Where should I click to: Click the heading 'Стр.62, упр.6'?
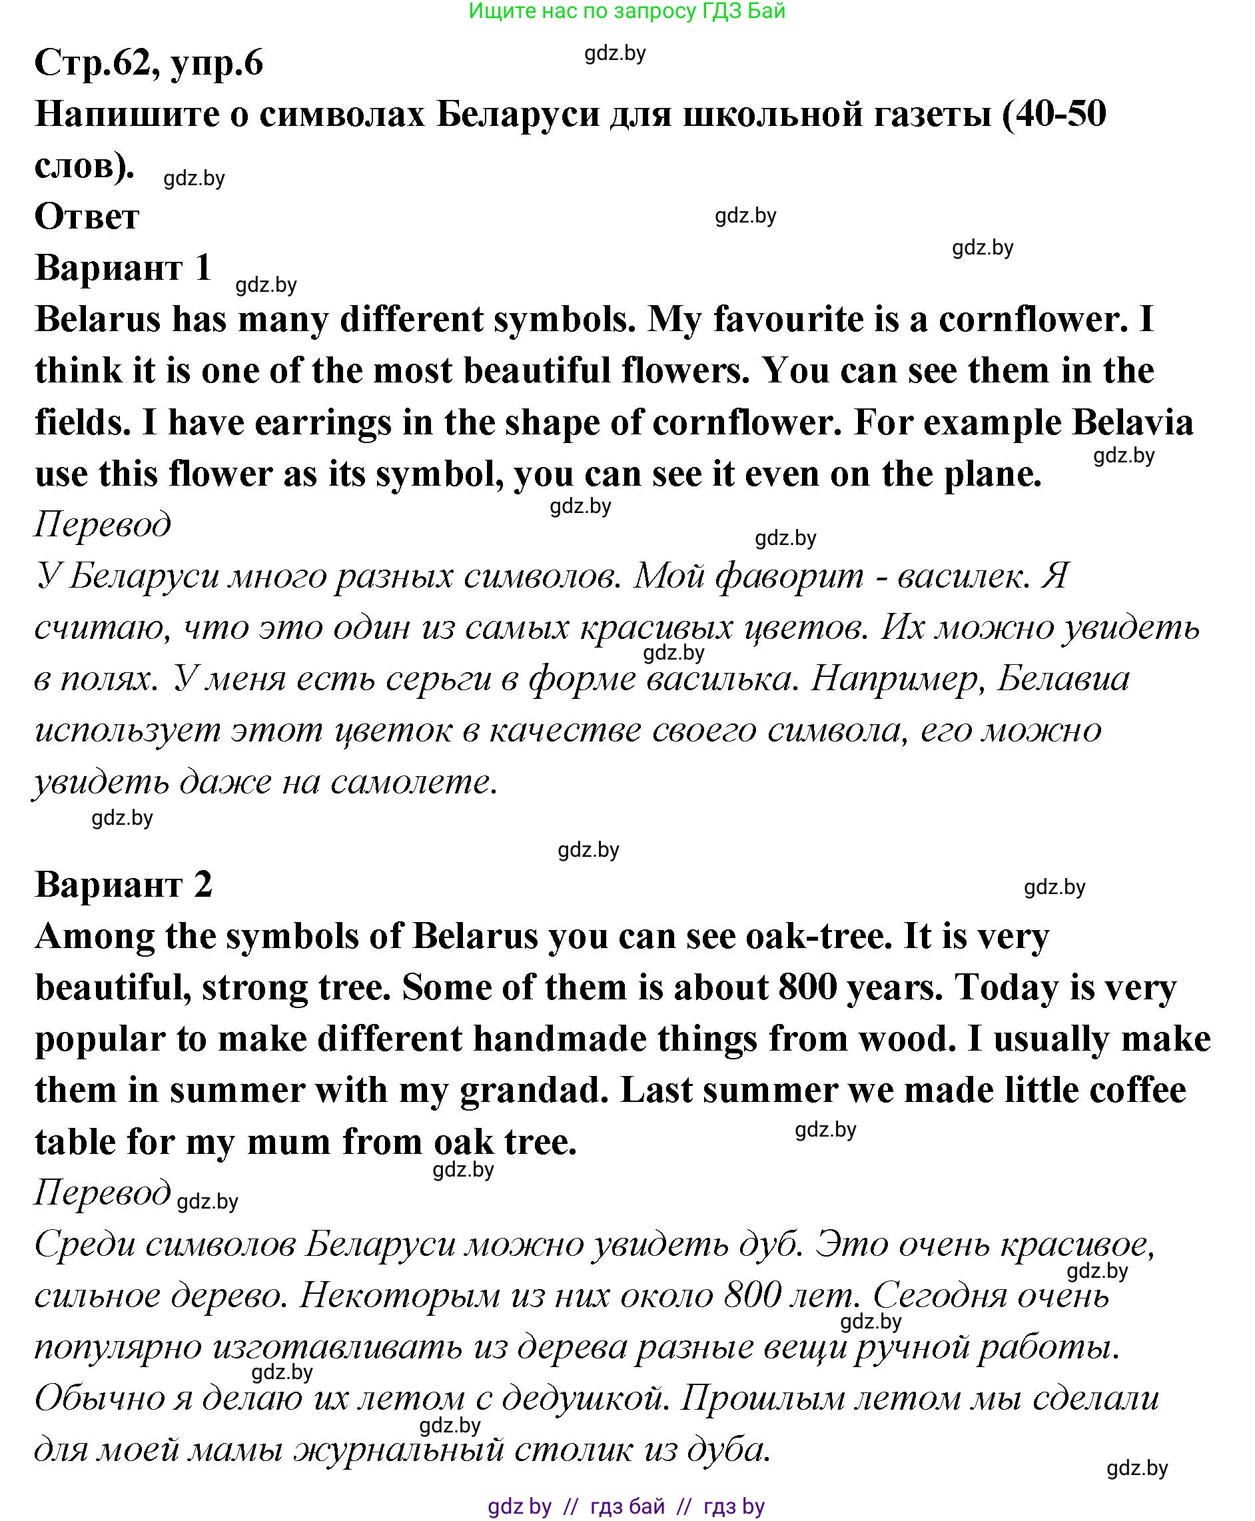(x=149, y=63)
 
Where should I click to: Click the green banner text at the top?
(x=627, y=11)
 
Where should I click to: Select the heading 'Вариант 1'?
(x=123, y=268)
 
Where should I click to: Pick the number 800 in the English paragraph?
(x=807, y=988)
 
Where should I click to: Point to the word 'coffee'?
(x=1137, y=1091)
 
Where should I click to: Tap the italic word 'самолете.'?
(x=414, y=782)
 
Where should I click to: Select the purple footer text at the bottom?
(x=626, y=1506)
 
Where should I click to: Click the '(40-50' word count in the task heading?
(x=1053, y=114)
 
